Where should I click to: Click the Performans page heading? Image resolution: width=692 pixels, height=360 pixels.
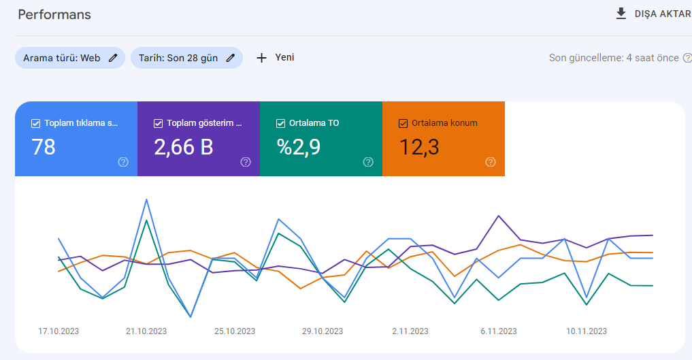tap(54, 14)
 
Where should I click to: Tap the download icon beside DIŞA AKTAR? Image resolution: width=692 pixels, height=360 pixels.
tap(621, 14)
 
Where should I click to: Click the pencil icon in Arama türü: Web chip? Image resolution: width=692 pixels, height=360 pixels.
tap(113, 58)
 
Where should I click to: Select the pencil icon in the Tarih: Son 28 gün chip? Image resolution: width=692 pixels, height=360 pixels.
tap(231, 58)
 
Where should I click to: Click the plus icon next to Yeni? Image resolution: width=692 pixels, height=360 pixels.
tap(262, 58)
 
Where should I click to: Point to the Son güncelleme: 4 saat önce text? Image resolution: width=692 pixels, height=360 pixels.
tap(614, 58)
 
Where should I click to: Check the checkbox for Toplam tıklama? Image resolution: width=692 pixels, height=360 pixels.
tap(36, 124)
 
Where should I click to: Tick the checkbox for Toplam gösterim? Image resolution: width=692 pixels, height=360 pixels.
tap(158, 124)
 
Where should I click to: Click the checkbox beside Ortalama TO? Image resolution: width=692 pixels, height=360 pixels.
tap(281, 124)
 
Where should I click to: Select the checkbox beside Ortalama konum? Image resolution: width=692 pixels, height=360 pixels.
tap(403, 124)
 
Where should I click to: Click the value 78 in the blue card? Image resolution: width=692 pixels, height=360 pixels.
tap(44, 147)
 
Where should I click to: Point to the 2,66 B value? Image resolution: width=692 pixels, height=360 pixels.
tap(184, 147)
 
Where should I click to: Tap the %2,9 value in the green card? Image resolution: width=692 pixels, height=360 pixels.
tap(298, 147)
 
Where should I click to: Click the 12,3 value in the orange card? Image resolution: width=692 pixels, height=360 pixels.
tap(419, 147)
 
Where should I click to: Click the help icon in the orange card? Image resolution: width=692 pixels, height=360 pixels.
tap(491, 162)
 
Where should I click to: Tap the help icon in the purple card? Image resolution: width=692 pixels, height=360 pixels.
tap(246, 162)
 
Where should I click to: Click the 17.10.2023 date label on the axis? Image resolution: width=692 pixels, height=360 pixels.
tap(59, 331)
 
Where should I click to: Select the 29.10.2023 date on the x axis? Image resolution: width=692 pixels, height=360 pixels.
tap(323, 331)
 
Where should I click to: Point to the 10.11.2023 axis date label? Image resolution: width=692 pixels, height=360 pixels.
tap(587, 331)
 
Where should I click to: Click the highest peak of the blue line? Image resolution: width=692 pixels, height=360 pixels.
tap(146, 199)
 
